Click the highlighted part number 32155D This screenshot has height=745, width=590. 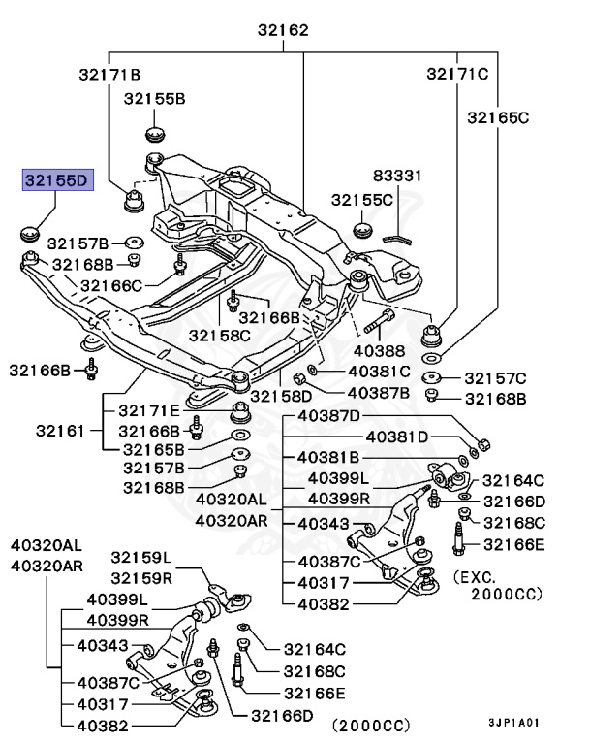click(x=57, y=180)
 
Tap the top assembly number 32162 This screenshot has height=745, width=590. click(x=283, y=30)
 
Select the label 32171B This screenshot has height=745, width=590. click(x=109, y=74)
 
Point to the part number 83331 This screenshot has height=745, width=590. click(x=397, y=176)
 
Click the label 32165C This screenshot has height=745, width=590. click(x=498, y=117)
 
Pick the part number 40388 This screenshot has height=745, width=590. click(x=379, y=350)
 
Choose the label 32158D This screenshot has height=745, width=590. click(x=281, y=396)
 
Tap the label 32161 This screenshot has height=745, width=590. click(x=60, y=431)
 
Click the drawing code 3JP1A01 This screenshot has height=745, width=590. click(x=514, y=723)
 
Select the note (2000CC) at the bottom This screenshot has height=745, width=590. click(x=371, y=725)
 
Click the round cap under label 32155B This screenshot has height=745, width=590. click(x=155, y=134)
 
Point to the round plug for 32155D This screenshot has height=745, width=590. click(x=29, y=233)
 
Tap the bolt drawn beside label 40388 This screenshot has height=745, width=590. click(x=379, y=321)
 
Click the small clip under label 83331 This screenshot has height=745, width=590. click(x=398, y=238)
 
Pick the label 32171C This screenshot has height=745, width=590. click(x=457, y=74)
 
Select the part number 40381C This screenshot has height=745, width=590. click(x=379, y=372)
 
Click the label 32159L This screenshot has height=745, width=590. click(x=141, y=557)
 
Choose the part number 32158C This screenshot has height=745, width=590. click(x=219, y=336)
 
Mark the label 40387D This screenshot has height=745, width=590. click(x=329, y=416)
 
